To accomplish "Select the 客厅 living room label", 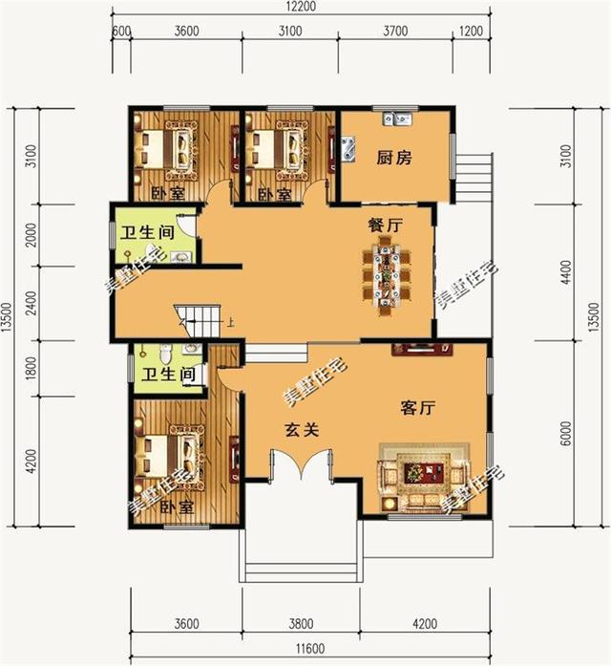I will tap(416, 408).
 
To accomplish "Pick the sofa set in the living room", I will tap(422, 475).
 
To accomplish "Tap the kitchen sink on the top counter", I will tap(396, 120).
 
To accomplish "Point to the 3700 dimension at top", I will tap(394, 31).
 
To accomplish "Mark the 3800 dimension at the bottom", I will tap(301, 625).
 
